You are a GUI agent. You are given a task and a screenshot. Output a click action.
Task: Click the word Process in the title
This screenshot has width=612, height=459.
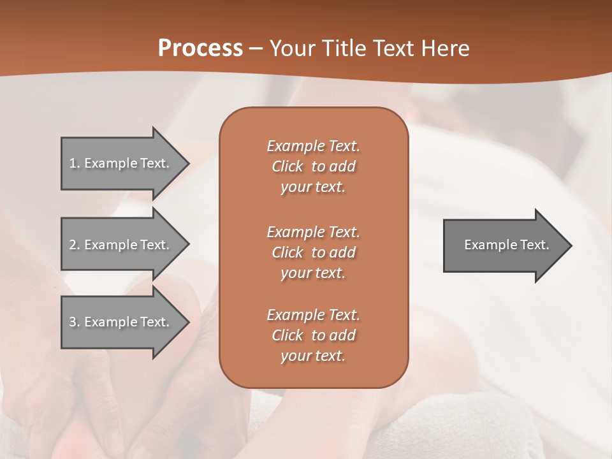(200, 48)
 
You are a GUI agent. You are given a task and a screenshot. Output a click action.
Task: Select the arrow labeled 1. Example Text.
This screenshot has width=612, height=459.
(121, 163)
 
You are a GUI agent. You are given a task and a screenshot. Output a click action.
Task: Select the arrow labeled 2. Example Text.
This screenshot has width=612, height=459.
(121, 245)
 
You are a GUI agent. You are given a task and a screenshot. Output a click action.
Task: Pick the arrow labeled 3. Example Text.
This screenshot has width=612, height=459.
(121, 322)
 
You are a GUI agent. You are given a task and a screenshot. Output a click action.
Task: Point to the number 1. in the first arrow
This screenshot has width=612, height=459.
(74, 163)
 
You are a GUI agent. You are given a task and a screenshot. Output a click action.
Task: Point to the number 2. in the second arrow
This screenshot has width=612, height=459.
(74, 245)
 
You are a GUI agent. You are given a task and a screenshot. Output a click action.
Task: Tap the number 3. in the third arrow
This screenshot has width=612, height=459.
(74, 322)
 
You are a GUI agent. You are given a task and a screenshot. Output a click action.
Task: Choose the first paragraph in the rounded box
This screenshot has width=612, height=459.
(313, 166)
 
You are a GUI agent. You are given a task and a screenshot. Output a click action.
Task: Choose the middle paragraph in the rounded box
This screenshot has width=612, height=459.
(313, 252)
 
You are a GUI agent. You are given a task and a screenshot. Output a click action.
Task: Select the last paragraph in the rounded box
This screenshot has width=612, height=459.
(313, 335)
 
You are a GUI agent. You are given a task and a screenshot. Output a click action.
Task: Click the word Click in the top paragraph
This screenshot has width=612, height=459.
(288, 166)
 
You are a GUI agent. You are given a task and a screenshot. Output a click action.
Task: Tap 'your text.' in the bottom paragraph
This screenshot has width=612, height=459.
(313, 356)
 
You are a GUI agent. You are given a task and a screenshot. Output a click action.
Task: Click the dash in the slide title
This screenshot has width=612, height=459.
(256, 48)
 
